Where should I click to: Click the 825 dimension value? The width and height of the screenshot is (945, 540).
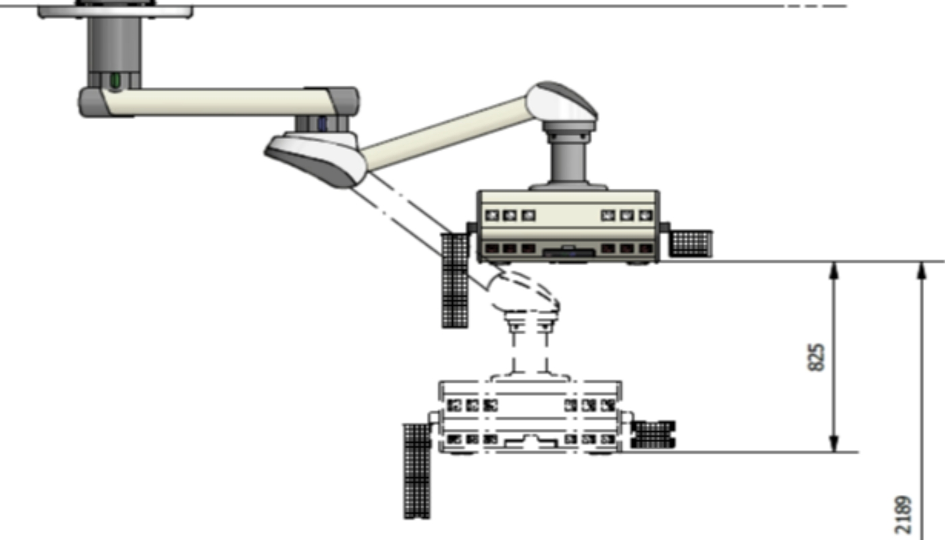click(816, 357)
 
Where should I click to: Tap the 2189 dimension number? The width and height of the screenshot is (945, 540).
click(902, 514)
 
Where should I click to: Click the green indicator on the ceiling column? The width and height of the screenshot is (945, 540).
click(115, 80)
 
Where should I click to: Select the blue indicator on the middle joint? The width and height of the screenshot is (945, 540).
click(323, 124)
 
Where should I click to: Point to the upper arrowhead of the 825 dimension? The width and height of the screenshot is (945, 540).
click(834, 271)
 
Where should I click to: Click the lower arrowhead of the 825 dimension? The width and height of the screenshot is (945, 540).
click(834, 443)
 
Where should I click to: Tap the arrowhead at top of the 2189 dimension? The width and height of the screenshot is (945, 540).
click(922, 271)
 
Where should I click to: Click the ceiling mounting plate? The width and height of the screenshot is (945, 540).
click(115, 11)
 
